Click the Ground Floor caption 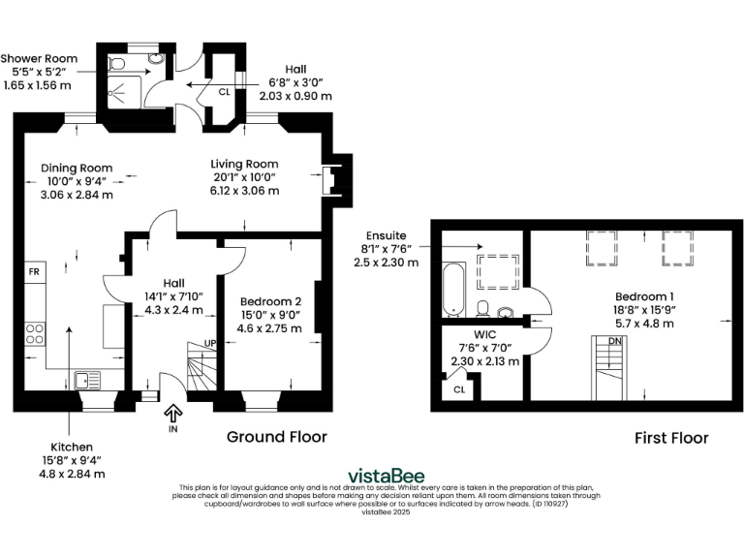click(x=276, y=437)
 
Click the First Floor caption click(x=671, y=438)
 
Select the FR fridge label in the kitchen click(x=34, y=272)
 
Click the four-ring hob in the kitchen click(x=34, y=333)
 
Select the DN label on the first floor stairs click(x=615, y=340)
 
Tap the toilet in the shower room click(x=117, y=65)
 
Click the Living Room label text click(x=246, y=164)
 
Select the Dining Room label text click(x=67, y=167)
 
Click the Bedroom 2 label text click(x=271, y=300)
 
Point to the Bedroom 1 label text click(x=643, y=296)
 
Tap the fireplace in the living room click(x=330, y=180)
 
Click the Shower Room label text click(x=40, y=58)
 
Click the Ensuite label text click(x=387, y=235)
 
